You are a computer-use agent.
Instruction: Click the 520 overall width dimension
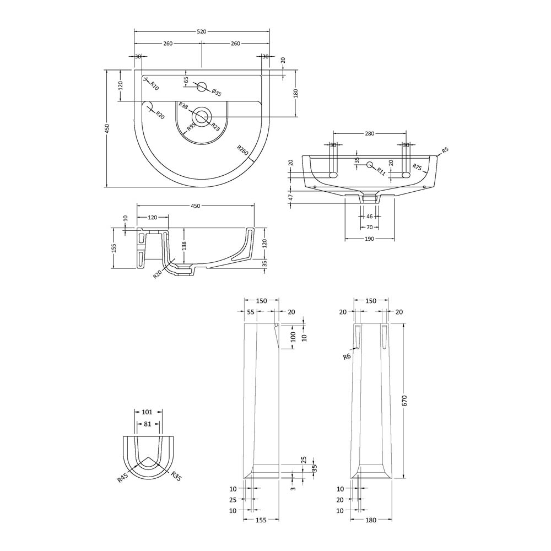(202, 31)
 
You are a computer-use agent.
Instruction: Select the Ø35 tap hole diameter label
(216, 93)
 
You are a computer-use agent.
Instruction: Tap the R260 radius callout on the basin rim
(242, 152)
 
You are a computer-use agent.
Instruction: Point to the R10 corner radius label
(154, 85)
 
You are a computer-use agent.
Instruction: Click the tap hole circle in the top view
(202, 87)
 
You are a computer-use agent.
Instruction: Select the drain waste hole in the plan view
(202, 116)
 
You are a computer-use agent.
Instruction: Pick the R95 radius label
(191, 127)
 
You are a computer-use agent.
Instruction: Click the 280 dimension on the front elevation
(370, 134)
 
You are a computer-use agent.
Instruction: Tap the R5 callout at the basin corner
(445, 150)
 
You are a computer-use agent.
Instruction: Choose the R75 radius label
(417, 168)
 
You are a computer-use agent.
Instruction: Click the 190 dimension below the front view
(369, 239)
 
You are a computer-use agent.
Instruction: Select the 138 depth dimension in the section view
(184, 244)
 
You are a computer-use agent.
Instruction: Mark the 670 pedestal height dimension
(404, 401)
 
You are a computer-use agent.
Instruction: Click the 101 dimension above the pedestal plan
(148, 411)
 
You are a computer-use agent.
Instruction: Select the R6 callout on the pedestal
(347, 356)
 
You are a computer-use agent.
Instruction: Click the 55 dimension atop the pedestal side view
(251, 312)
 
